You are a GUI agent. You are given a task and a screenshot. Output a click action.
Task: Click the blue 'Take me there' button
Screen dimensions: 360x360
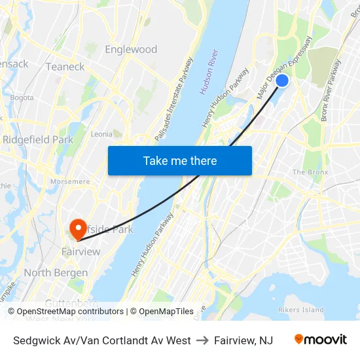[x=180, y=160]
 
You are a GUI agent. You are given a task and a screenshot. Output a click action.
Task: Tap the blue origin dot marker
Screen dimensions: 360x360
[x=282, y=81]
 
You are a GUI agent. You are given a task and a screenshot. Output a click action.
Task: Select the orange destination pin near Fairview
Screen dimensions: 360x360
[x=78, y=228]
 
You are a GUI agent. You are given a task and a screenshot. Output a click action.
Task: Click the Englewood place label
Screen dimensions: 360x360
[x=131, y=49]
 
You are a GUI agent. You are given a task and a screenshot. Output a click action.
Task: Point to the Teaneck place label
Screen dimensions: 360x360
[x=65, y=67]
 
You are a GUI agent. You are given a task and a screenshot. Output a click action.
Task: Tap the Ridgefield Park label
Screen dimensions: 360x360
[x=37, y=139]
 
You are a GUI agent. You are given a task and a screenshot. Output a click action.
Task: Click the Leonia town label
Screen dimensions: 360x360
[x=101, y=134]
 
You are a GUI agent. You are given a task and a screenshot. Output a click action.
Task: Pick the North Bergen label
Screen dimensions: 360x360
[x=56, y=273]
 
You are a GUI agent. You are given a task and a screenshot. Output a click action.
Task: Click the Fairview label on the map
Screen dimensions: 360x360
[x=81, y=252]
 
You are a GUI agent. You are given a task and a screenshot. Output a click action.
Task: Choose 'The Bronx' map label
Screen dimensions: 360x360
[x=308, y=172]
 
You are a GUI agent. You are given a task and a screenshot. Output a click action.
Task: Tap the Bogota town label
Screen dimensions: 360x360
[x=22, y=98]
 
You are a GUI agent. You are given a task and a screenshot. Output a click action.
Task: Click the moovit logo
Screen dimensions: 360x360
[x=320, y=340]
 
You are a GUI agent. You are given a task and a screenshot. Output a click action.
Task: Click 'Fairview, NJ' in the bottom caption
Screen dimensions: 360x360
[x=243, y=340]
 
